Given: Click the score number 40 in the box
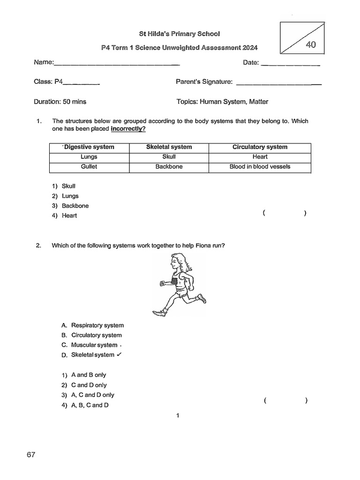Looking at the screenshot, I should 310,45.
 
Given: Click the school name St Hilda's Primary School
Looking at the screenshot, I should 180,34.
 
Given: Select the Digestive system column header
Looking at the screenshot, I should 89,147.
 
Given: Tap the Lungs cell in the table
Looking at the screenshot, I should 89,157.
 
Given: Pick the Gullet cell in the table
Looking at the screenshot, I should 89,166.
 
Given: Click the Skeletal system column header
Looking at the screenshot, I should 169,147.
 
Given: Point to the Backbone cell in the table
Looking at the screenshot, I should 169,166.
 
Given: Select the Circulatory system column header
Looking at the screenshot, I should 260,147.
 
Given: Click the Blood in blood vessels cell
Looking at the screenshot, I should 260,166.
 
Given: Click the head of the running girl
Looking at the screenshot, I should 177,262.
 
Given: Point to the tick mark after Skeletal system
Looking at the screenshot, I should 119,354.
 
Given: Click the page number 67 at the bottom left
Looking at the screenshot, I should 31,455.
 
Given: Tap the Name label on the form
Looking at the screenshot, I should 44,63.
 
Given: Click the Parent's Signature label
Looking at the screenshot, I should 204,82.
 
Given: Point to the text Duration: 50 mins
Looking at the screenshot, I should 60,102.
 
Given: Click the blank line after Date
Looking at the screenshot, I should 290,64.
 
